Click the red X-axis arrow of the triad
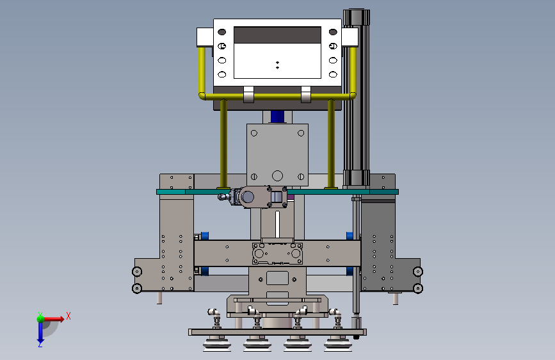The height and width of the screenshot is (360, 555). pos(53,319)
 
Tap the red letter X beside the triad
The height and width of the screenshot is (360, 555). pos(68,316)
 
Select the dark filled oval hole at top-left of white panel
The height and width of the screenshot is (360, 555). pos(222,32)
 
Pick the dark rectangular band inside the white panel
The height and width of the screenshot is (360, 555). pos(278,35)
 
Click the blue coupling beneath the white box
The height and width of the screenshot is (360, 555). pos(278,117)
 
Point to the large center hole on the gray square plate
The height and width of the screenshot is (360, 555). pos(278,176)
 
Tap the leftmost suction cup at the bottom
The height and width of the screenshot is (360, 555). pos(217,345)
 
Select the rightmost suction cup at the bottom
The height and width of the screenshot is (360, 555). pos(338,345)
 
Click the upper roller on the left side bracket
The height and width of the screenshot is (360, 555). pos(137,272)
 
